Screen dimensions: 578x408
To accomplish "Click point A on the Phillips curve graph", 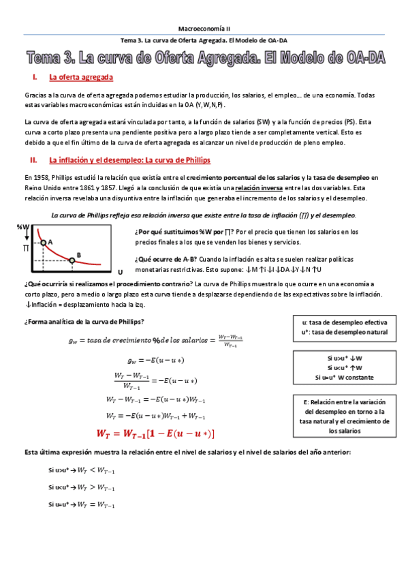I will pos(44,242).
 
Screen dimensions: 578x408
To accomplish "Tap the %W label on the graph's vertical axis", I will pos(24,228).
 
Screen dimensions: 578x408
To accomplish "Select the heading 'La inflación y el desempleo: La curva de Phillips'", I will pos(129,160).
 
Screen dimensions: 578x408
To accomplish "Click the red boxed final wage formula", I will pos(156,433).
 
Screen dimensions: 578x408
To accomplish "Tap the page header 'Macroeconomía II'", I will pos(204,29).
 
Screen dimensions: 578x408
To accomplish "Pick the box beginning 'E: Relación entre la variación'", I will pos(344,416).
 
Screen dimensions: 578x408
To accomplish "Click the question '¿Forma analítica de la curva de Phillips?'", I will pos(84,322).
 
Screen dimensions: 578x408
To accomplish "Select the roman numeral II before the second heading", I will pos(33,160).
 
